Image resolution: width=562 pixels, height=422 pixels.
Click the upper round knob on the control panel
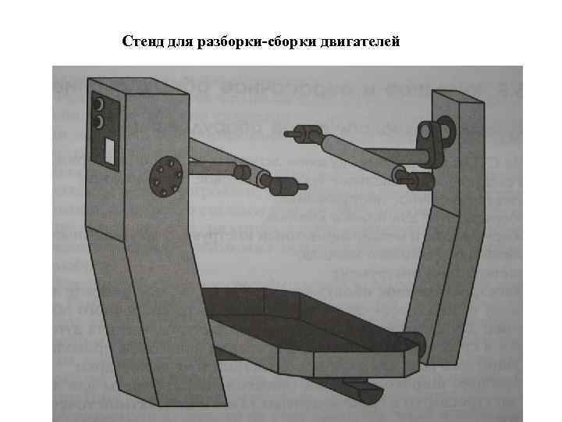pos(99,104)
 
